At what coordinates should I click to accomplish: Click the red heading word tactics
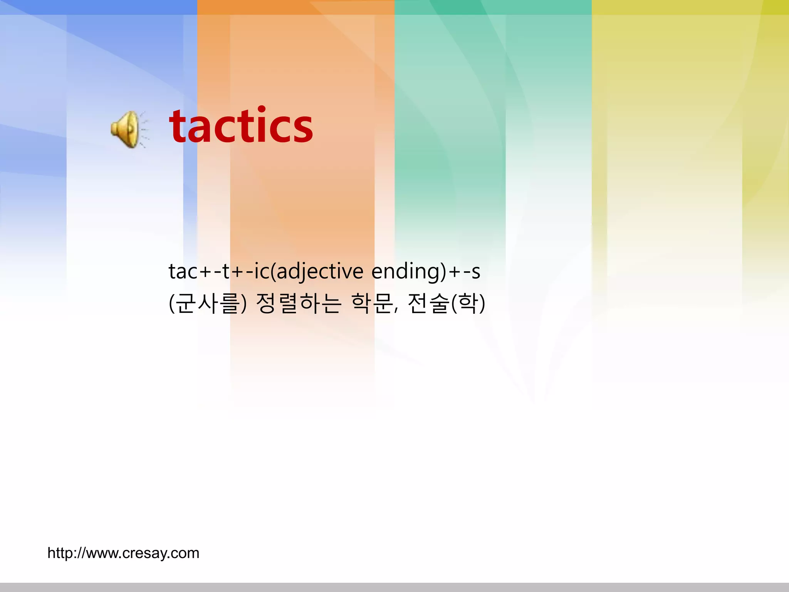tap(241, 126)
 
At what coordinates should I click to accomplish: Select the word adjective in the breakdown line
tap(320, 271)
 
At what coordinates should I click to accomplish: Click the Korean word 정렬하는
tap(299, 303)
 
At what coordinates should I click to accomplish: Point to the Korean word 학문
tap(372, 303)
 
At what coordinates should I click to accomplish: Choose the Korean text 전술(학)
tap(446, 303)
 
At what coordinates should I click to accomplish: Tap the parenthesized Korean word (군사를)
tap(207, 303)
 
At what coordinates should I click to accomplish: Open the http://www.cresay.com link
tap(123, 553)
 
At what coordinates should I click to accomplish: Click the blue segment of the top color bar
tap(99, 7)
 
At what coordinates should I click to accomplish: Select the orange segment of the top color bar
tap(296, 7)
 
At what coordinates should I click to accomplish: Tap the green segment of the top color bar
tap(493, 7)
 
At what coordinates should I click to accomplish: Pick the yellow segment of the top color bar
tap(690, 7)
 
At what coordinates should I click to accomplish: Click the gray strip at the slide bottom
tap(394, 587)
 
